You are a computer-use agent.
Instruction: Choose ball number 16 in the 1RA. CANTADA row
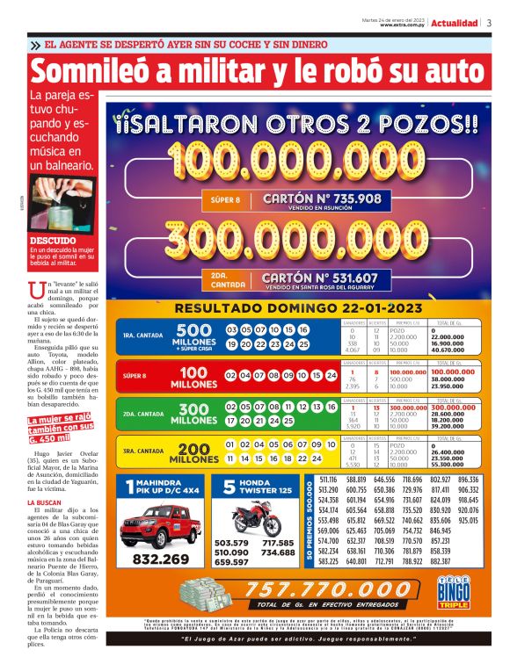tap(302, 329)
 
